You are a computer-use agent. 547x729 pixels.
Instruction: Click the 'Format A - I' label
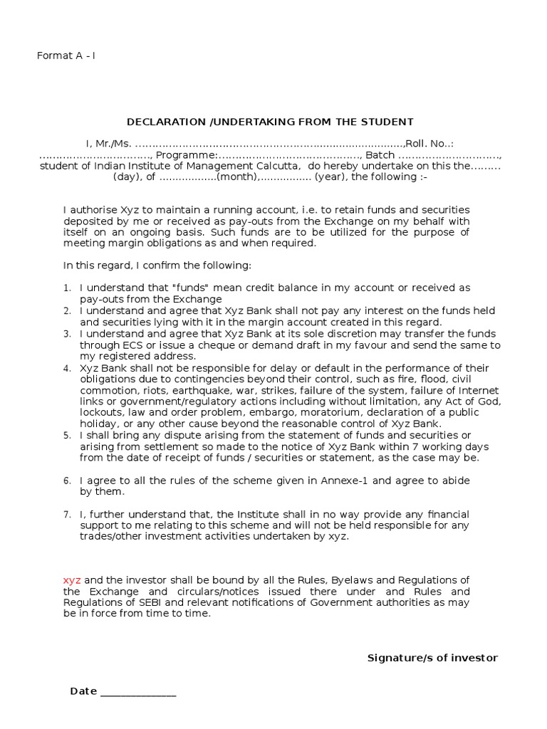point(66,56)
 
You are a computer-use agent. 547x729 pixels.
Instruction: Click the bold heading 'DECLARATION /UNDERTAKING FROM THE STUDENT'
point(270,122)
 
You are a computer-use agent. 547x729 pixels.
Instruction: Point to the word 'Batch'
point(380,155)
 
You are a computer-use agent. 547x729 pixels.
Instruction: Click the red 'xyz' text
point(72,580)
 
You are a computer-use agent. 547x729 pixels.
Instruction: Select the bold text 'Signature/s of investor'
point(432,657)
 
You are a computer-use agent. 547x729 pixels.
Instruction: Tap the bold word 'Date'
point(83,691)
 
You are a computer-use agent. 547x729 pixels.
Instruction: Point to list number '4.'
point(67,368)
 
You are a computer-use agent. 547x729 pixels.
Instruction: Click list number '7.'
point(67,514)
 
